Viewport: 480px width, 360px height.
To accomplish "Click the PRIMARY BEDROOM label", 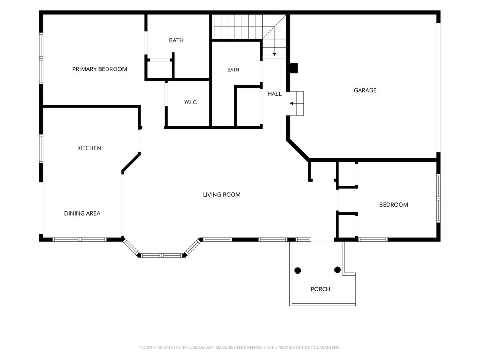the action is click(100, 69).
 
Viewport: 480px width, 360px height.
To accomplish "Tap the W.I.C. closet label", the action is click(190, 102).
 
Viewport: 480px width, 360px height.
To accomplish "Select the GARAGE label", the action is click(365, 90).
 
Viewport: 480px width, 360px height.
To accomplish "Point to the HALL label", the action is click(274, 94).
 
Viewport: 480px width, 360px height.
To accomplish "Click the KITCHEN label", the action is click(89, 148).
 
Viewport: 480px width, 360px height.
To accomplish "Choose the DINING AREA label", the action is click(82, 213).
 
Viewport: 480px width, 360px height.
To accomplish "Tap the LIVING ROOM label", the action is click(222, 194).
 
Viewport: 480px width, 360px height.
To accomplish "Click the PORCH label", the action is click(320, 289).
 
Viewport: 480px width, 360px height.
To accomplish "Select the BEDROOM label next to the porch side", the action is click(394, 204).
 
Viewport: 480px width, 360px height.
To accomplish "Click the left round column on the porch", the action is click(298, 270).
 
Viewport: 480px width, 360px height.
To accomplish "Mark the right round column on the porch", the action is click(338, 270).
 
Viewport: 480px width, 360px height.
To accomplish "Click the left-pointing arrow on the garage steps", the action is click(294, 103).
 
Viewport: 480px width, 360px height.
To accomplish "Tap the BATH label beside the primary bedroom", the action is click(176, 40).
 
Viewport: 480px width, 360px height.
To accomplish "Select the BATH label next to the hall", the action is click(233, 70).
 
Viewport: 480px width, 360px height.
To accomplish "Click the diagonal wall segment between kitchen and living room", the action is click(131, 163).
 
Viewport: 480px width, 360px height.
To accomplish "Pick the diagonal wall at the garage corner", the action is click(298, 150).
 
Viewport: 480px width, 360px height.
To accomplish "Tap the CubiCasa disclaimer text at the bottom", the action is click(240, 348).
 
